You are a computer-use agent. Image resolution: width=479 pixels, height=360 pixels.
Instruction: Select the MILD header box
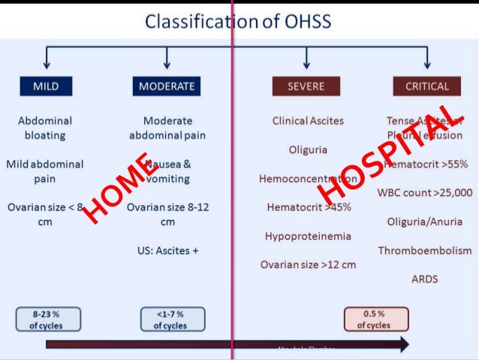pos(46,86)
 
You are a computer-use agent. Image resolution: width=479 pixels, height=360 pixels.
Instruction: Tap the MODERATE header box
pos(167,86)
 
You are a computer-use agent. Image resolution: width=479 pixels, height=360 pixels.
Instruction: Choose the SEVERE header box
pos(306,86)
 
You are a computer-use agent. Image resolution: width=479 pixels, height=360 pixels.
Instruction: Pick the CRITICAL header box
pos(426,86)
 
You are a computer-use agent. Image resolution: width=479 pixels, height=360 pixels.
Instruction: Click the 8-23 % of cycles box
pos(45,319)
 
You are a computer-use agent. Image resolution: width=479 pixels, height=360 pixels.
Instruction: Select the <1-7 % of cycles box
pos(170,319)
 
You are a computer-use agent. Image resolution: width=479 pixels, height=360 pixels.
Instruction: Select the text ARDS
pos(424,279)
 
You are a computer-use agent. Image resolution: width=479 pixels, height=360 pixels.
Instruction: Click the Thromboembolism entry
pos(425,250)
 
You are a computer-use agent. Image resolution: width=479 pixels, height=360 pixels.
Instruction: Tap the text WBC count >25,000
pos(425,192)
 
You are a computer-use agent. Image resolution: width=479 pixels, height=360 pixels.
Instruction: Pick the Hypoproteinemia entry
pos(308,236)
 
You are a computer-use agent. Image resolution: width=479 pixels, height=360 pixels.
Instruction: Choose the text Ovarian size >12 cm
pos(308,265)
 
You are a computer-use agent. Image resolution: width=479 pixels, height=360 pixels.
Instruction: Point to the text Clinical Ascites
pos(308,120)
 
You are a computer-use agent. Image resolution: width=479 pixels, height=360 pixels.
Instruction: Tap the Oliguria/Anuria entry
pos(425,222)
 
